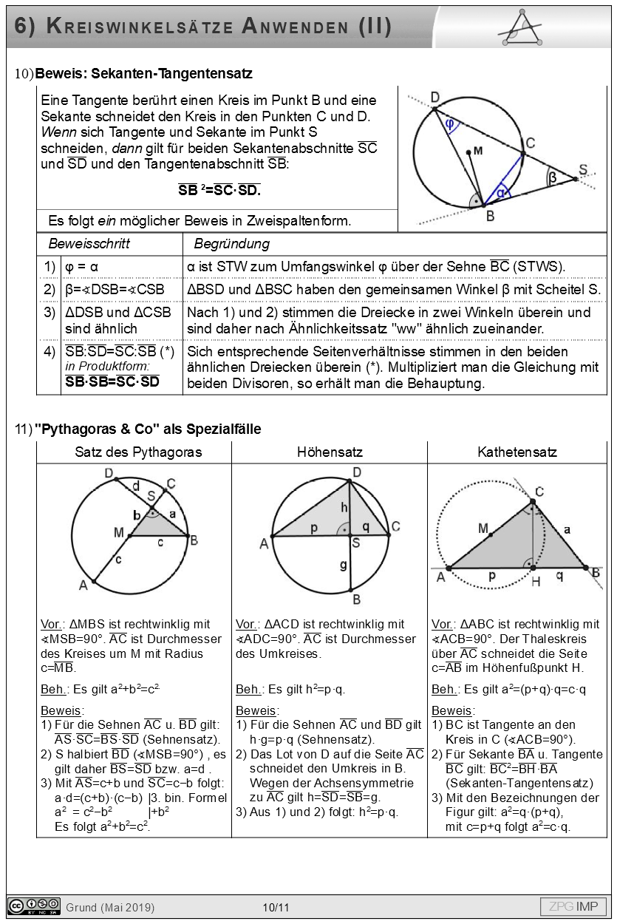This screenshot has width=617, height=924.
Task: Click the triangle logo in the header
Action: coord(526,28)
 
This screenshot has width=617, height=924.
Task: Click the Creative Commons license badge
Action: coord(34,906)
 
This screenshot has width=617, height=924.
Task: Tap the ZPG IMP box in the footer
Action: coord(573,907)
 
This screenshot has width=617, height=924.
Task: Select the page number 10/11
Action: coord(276,908)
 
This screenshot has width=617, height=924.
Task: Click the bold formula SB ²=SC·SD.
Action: coord(219,190)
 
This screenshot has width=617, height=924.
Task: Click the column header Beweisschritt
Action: coord(89,244)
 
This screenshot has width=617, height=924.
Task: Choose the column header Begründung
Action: coord(231,244)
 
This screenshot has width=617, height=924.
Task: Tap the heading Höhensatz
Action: coord(329,452)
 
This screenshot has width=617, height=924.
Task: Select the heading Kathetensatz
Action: coord(517,452)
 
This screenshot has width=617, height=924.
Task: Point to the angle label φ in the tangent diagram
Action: coord(450,124)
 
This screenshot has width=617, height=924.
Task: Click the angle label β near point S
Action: coord(552,177)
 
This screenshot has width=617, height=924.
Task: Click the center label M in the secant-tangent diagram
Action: coord(477,151)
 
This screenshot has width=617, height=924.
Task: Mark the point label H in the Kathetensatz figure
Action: coord(536,582)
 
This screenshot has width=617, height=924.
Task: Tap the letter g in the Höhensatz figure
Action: coord(344,565)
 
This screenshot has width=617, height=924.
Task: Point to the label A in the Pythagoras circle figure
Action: coord(84,585)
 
